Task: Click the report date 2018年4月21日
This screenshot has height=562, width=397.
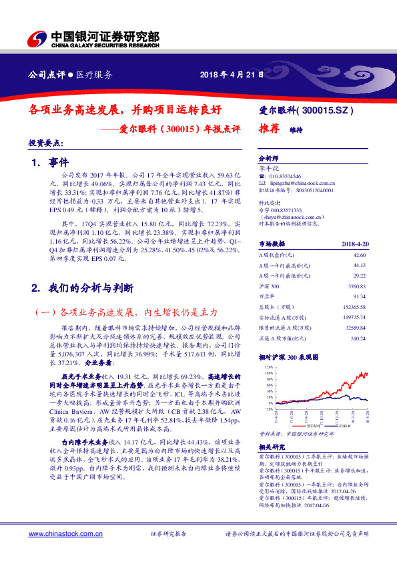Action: (228, 74)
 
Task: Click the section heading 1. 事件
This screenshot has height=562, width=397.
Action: (50, 162)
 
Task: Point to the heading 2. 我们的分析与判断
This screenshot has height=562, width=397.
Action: (83, 288)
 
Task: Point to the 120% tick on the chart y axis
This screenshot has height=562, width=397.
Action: (268, 367)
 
